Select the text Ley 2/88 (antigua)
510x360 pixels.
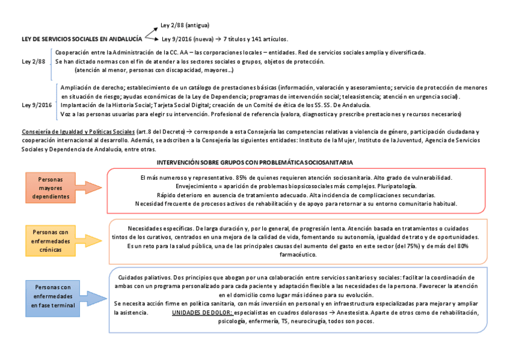(x=185, y=26)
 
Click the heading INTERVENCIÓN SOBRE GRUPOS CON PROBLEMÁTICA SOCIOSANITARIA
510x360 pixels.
(x=254, y=163)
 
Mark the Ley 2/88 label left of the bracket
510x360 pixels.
(x=34, y=61)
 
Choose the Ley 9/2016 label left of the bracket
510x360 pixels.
(x=37, y=105)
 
